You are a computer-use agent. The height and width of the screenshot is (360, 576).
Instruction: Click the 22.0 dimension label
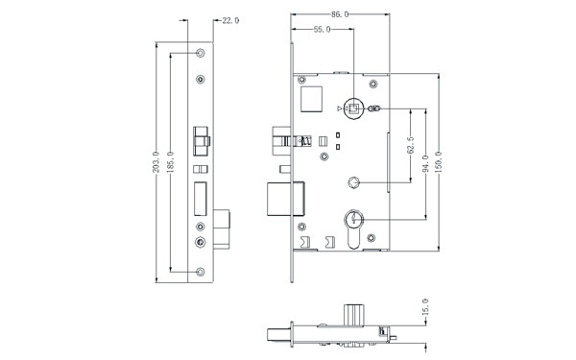point(230,20)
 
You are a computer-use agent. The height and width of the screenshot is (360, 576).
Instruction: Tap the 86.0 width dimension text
point(340,14)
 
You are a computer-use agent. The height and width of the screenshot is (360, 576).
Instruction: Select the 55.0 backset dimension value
point(323,30)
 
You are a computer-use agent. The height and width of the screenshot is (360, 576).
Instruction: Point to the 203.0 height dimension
point(156,161)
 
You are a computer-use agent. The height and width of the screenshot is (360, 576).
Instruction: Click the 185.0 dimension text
point(170,161)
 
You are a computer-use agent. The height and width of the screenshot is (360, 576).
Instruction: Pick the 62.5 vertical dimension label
point(411,145)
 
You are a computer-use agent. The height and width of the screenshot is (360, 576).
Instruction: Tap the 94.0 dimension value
point(425,163)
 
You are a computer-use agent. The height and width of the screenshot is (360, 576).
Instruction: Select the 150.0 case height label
point(439,161)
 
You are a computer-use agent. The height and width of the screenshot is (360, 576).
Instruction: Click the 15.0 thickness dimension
point(425,307)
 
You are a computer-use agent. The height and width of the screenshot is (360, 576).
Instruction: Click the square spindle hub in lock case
point(353,108)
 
